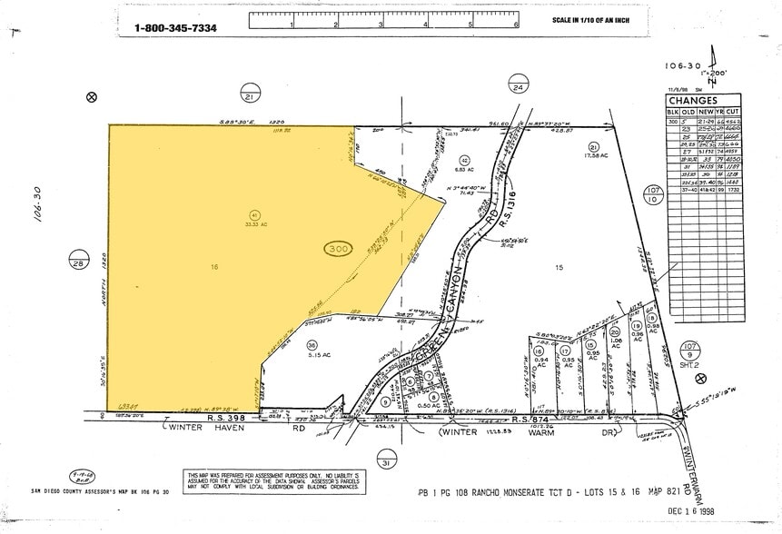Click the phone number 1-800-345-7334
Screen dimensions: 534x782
[x=175, y=27]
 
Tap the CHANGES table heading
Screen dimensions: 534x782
[x=693, y=100]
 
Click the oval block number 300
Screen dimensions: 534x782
[x=338, y=248]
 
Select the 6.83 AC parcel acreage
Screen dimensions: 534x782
[x=464, y=169]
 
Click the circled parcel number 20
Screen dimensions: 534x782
[x=615, y=332]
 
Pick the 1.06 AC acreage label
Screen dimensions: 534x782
[x=615, y=342]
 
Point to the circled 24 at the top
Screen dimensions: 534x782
[x=518, y=87]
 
